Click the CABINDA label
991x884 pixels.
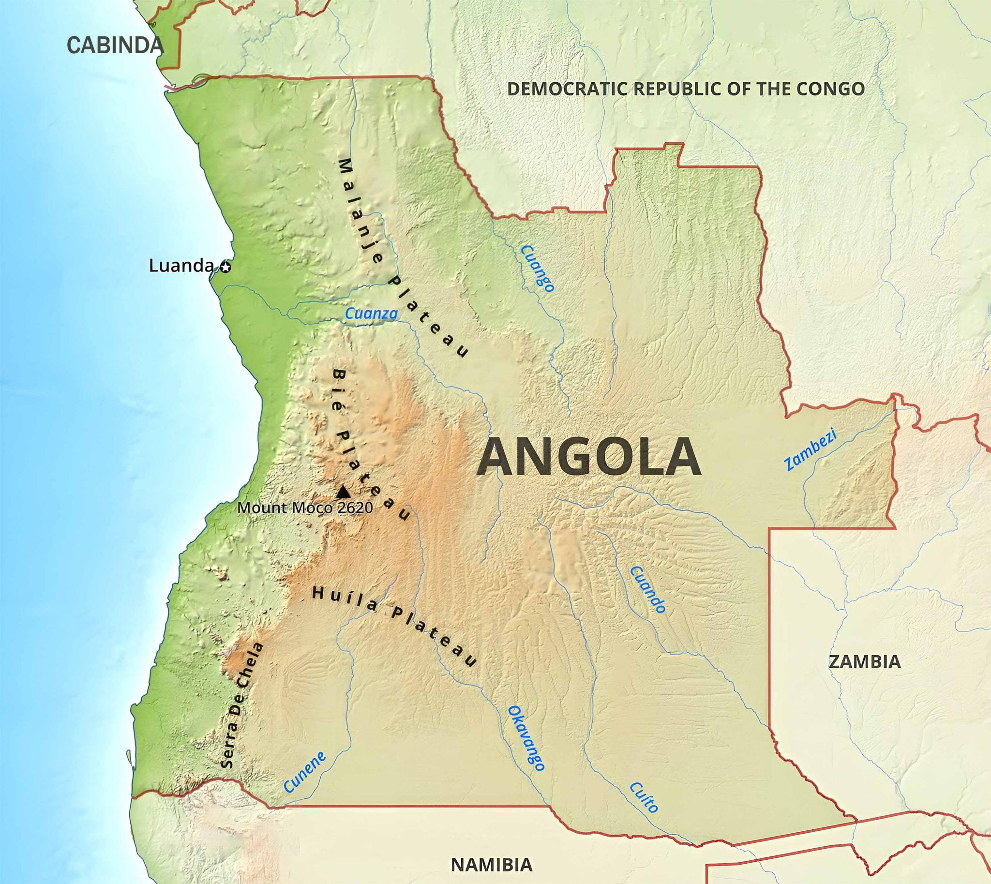coord(115,45)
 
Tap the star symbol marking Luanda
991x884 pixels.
coord(225,267)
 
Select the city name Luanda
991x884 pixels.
coord(180,266)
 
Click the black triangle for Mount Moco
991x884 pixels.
coord(343,492)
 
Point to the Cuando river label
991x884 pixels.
coord(647,589)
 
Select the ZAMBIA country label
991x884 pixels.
coord(865,662)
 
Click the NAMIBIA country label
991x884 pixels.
coord(492,865)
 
